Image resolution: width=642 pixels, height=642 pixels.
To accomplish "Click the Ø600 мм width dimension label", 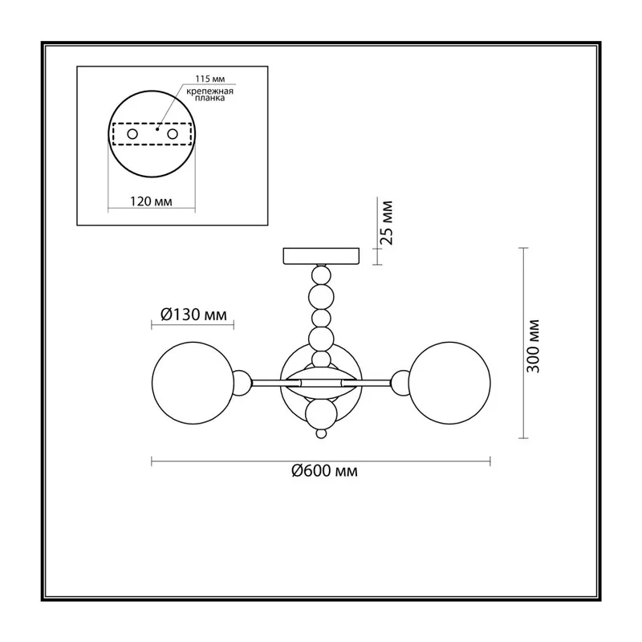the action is pos(324,471).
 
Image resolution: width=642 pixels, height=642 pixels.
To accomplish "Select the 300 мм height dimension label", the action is pos(533,346).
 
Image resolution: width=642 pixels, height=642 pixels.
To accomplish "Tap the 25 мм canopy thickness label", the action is pos(386,223).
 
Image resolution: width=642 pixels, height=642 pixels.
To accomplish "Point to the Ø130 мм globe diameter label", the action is pos(193,315).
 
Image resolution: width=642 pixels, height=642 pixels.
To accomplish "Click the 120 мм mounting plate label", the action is pos(151,201).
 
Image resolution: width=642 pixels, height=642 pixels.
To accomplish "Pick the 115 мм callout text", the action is pos(209,79).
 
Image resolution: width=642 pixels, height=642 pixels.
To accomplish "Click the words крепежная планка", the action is pos(209,95).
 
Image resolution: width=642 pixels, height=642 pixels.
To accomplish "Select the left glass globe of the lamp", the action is pos(193,383).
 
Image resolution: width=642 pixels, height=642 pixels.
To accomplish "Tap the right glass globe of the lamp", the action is pos(449,383).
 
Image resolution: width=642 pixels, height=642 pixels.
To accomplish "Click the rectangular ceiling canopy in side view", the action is pos(322,255).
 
